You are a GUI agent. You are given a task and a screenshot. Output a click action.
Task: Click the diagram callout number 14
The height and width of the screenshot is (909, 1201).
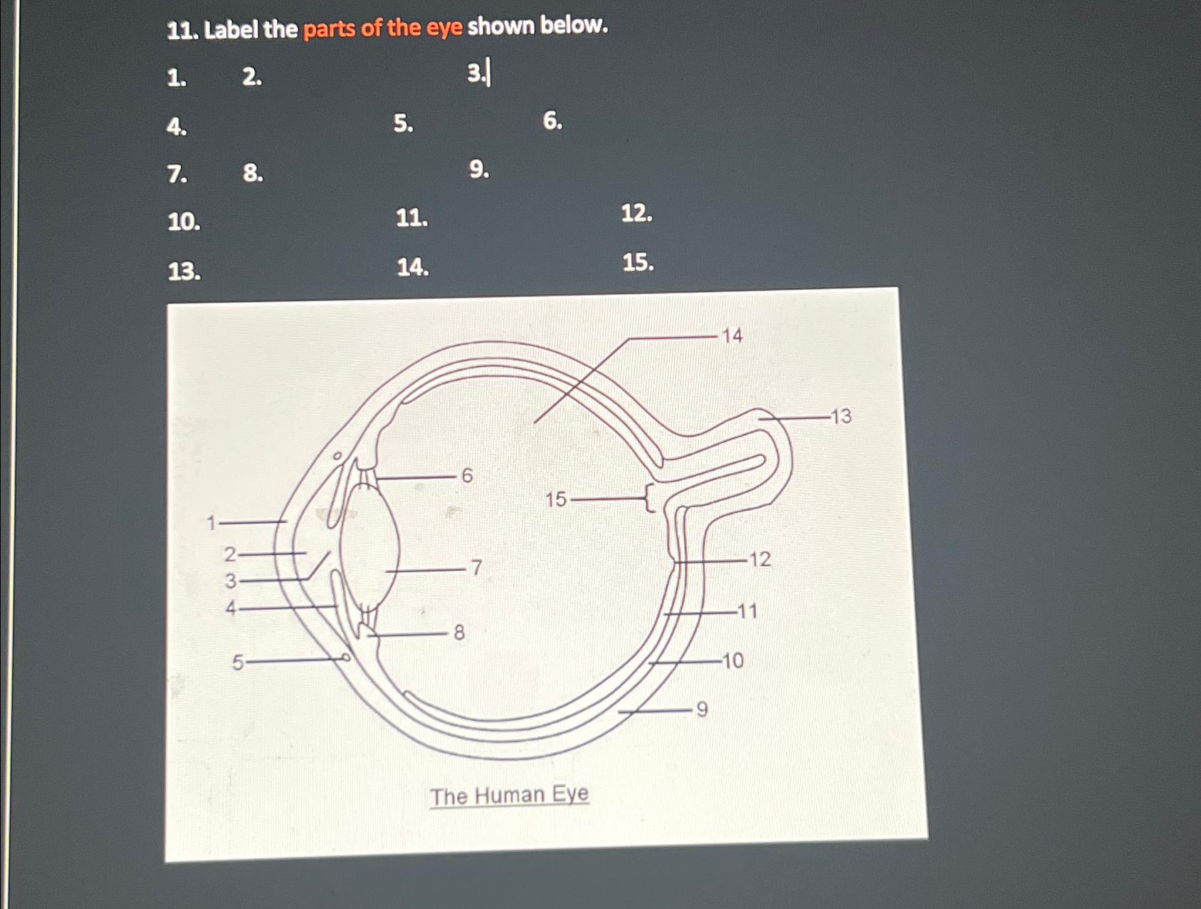[732, 336]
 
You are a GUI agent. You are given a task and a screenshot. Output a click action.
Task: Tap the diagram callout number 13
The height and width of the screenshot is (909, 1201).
[841, 416]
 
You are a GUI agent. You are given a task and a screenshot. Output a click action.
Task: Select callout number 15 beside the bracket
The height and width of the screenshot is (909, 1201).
[556, 499]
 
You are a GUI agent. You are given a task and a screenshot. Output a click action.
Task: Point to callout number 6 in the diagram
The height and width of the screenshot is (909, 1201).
[467, 476]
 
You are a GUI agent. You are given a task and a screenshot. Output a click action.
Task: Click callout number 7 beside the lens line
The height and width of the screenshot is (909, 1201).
[476, 568]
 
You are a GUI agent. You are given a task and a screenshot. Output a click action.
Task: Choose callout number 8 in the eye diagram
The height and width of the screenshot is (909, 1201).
[459, 633]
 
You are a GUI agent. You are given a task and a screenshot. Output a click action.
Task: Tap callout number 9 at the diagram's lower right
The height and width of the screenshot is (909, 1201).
[702, 710]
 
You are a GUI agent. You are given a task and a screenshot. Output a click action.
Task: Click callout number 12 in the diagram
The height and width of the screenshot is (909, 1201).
[760, 559]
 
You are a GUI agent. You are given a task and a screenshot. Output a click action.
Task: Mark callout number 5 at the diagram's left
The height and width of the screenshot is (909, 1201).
[238, 663]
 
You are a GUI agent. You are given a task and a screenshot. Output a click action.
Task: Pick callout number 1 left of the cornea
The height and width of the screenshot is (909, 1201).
[211, 524]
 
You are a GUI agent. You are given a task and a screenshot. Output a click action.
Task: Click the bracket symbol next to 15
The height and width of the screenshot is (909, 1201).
[649, 498]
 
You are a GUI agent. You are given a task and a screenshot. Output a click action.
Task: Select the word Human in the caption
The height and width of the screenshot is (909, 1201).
[509, 795]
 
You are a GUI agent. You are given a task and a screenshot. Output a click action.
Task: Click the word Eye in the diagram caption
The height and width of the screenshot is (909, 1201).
[570, 793]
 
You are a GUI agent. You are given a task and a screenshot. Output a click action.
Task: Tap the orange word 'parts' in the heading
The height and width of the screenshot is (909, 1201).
[329, 29]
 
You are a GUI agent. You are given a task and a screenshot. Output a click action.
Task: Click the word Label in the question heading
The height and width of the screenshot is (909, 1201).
[231, 30]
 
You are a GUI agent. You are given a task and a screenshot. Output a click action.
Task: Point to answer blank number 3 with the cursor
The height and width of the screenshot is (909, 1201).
[478, 73]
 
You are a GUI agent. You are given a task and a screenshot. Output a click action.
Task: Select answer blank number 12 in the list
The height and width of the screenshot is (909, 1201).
[636, 213]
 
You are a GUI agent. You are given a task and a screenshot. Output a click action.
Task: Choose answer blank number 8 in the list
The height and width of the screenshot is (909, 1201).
[253, 173]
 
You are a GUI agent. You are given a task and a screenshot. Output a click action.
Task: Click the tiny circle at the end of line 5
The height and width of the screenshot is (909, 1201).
[345, 658]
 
